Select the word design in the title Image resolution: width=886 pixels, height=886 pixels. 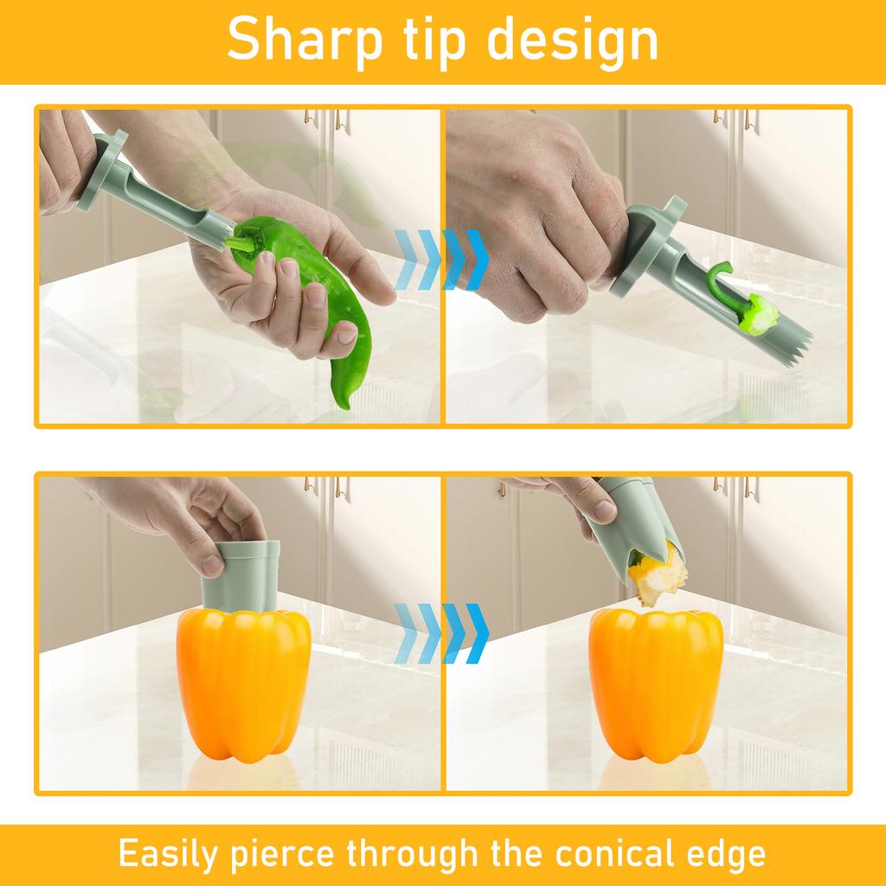tap(592, 41)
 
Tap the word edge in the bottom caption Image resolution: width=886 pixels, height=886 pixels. tap(721, 853)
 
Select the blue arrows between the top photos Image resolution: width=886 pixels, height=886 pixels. tap(441, 260)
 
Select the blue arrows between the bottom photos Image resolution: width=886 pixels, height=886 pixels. tap(441, 632)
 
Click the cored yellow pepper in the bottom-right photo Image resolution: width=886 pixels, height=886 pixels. tap(655, 684)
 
